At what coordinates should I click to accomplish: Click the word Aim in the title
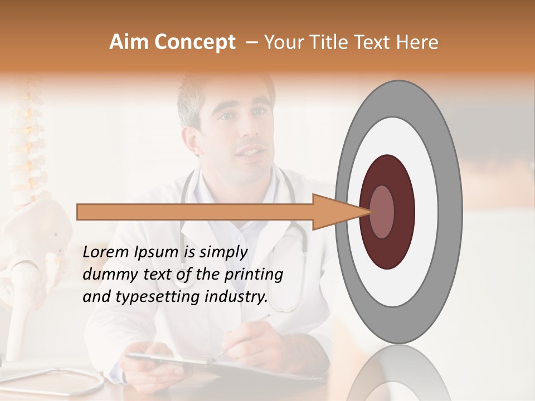[129, 42]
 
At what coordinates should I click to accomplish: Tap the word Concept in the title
[194, 43]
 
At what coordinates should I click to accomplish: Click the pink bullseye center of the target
[382, 212]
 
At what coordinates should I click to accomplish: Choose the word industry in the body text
[234, 297]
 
